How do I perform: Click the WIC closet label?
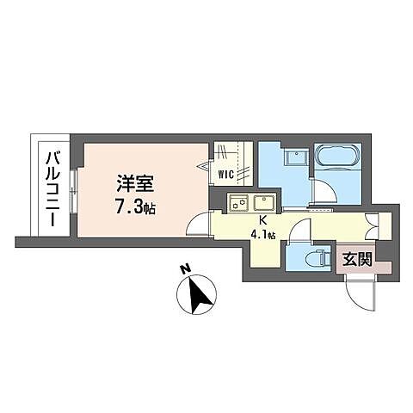pyautogui.click(x=227, y=174)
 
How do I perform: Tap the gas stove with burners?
pyautogui.click(x=239, y=204)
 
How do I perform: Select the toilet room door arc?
pyautogui.click(x=301, y=231)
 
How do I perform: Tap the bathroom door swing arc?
pyautogui.click(x=323, y=194)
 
